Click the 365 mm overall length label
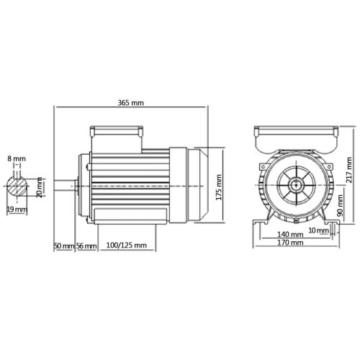pos(132,103)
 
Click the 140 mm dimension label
pos(289,234)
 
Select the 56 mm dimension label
pos(86,246)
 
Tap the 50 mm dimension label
pos(64,246)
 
